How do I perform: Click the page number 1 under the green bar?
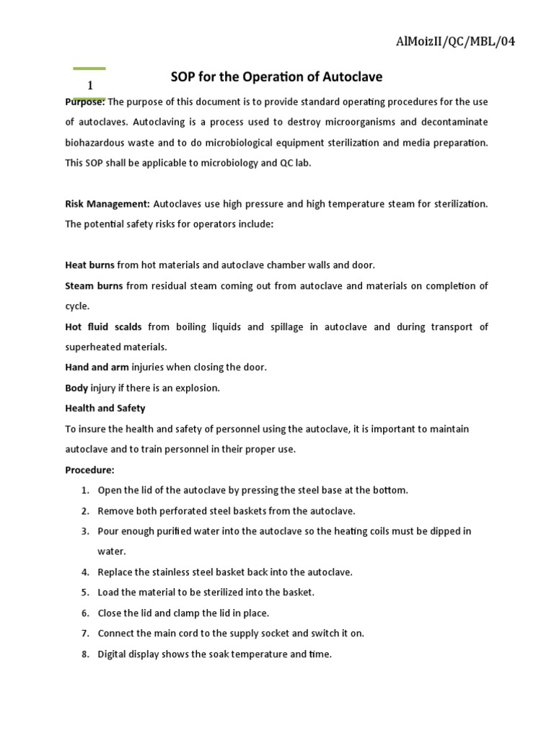(x=90, y=86)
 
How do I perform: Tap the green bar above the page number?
(x=89, y=69)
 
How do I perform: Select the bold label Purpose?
(x=85, y=102)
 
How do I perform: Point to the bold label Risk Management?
(x=107, y=204)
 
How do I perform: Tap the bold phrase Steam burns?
(x=94, y=286)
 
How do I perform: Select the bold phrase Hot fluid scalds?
(x=103, y=326)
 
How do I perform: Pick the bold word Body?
(x=76, y=388)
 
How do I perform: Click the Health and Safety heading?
(x=105, y=408)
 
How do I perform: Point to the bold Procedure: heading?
(x=89, y=470)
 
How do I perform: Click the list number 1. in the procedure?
(x=85, y=490)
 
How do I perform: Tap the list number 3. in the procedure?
(x=85, y=531)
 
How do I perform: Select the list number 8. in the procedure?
(x=85, y=654)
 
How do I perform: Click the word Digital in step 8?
(x=113, y=654)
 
